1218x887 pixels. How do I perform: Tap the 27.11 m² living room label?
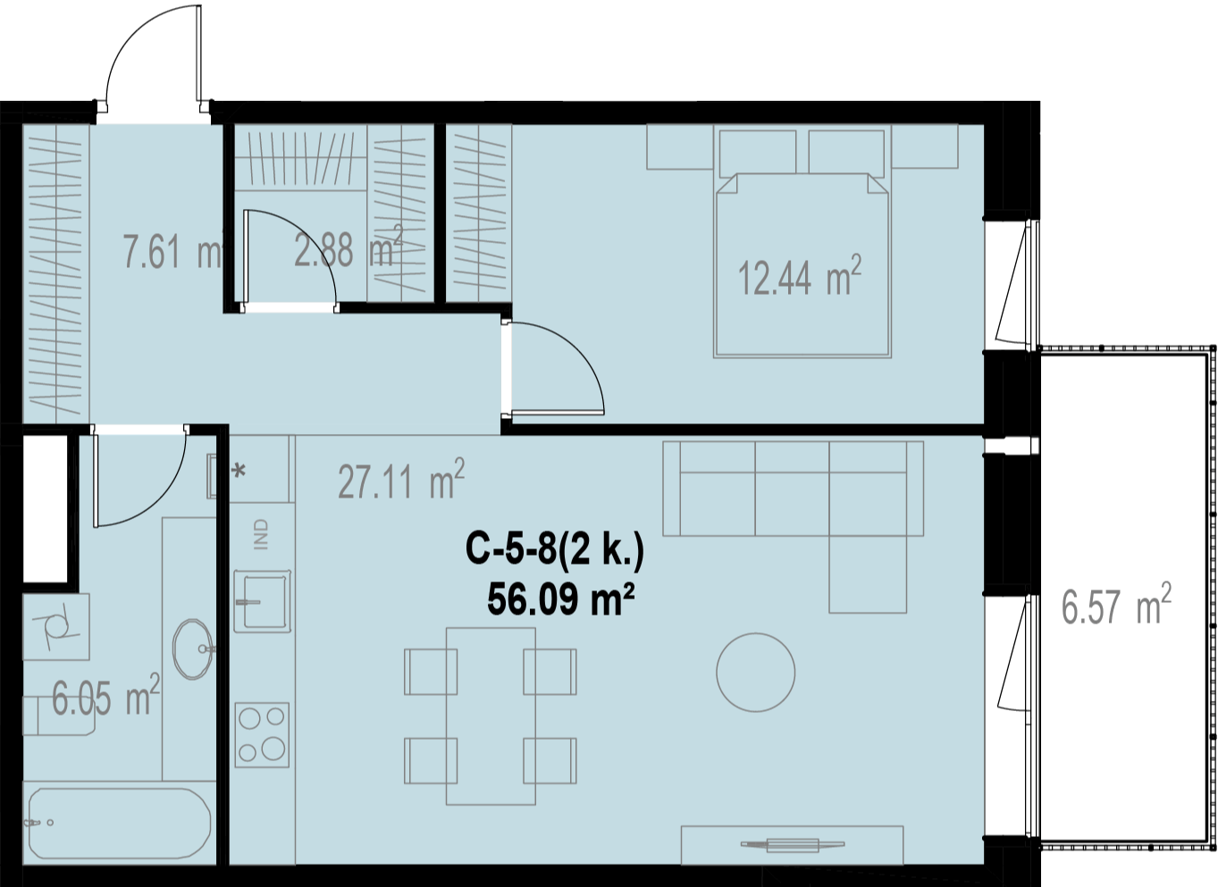click(400, 479)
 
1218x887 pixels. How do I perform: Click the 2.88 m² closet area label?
click(348, 247)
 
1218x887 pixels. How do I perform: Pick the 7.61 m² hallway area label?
click(172, 251)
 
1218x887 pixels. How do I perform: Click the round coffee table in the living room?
click(755, 673)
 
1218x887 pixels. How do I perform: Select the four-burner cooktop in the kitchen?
click(262, 735)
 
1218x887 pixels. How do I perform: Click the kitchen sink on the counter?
click(262, 601)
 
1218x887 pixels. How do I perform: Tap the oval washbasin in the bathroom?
click(193, 649)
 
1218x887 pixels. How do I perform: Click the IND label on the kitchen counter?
click(262, 535)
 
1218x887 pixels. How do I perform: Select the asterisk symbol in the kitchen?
click(239, 471)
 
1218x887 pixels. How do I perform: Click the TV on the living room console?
click(793, 844)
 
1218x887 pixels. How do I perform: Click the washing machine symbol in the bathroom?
click(56, 627)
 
